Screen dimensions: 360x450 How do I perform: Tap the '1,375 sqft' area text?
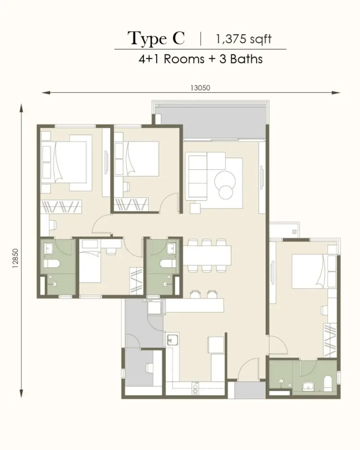coord(243,39)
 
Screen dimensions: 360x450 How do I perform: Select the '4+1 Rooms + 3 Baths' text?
coord(200,59)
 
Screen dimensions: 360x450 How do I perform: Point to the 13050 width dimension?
coord(200,88)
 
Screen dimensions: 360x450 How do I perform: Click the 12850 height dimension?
coord(15,258)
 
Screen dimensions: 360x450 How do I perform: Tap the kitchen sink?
coord(172,340)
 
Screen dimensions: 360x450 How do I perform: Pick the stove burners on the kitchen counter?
coord(196,388)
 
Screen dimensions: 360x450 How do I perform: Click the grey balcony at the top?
coord(212,123)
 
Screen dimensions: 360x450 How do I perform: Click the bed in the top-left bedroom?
coord(70,162)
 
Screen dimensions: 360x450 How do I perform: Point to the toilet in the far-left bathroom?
coord(51,263)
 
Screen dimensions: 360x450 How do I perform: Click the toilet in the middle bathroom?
coord(168,263)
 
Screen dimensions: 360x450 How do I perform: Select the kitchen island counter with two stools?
coord(194,305)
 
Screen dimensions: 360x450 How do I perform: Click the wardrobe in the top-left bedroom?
coord(61,207)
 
